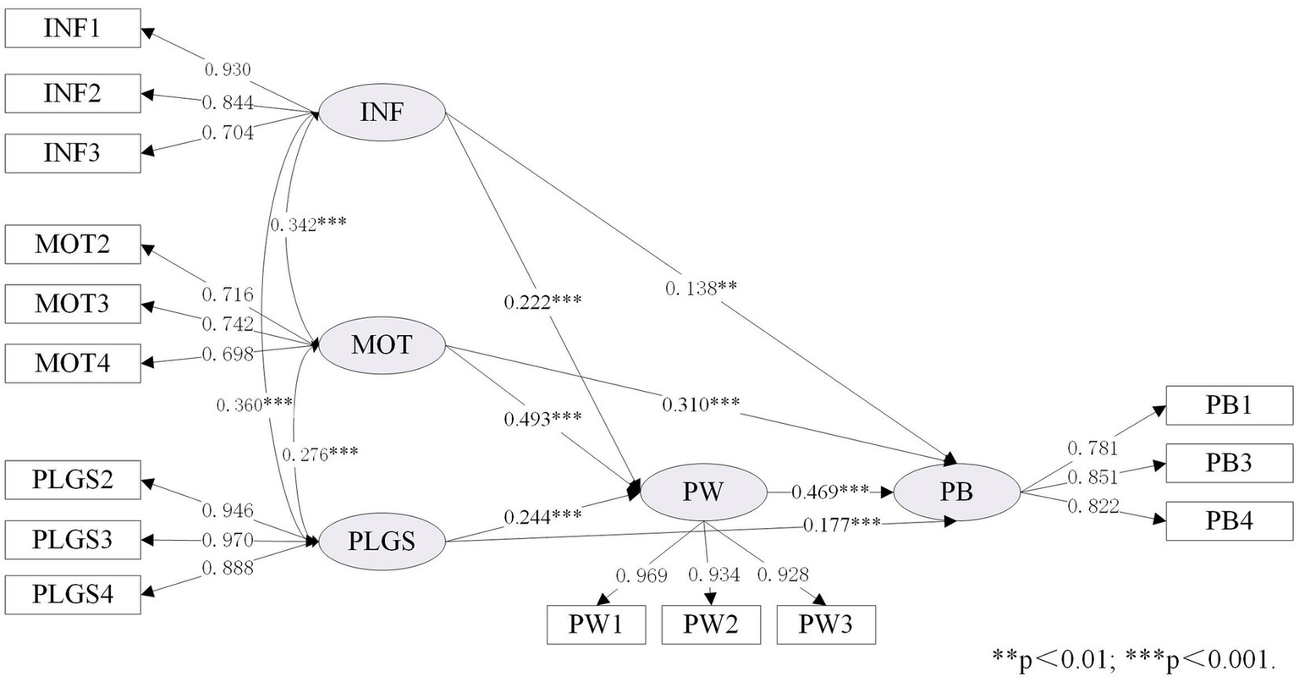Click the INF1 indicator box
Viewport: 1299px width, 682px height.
coord(72,30)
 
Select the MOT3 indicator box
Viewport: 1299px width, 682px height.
coord(72,303)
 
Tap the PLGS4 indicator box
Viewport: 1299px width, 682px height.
coord(72,594)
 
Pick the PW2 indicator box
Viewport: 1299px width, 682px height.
coord(711,624)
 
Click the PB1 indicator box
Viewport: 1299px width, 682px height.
coord(1229,404)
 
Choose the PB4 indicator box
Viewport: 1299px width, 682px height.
coord(1229,520)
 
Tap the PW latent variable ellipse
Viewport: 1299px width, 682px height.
coord(703,491)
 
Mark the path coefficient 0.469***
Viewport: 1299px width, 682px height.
coord(829,491)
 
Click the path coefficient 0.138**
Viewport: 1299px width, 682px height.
coord(701,288)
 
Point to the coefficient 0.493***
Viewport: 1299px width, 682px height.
coord(542,418)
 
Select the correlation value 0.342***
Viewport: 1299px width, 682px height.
coord(308,224)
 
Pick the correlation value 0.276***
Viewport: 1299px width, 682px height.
coord(319,453)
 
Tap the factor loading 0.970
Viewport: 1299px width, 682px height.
coord(228,539)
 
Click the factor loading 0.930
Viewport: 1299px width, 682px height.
coord(227,69)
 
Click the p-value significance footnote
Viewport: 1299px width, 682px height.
coord(1134,657)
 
